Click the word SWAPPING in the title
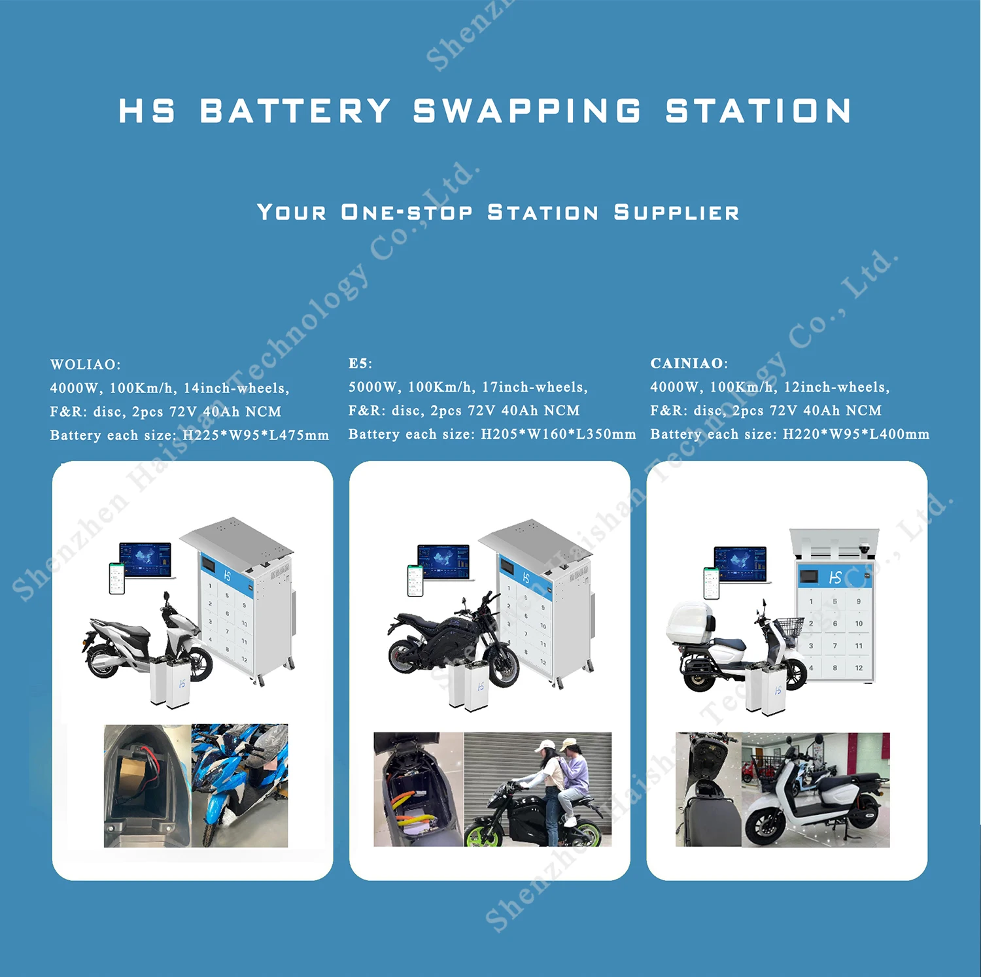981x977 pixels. [527, 111]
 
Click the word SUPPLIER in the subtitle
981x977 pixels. [676, 213]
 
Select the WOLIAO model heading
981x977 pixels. [85, 364]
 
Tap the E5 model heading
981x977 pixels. [360, 364]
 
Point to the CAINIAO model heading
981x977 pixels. [689, 364]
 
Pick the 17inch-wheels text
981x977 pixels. [534, 387]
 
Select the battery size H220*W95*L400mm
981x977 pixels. [855, 434]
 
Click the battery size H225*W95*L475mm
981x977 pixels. [256, 436]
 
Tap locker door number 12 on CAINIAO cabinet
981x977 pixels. [859, 668]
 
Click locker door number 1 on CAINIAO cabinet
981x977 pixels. [811, 601]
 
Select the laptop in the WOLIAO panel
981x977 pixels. [145, 560]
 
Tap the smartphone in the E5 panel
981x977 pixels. [415, 580]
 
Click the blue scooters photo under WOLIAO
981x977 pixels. [239, 785]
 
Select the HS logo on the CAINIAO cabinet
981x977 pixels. [835, 577]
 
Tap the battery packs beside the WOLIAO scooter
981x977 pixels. [169, 683]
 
